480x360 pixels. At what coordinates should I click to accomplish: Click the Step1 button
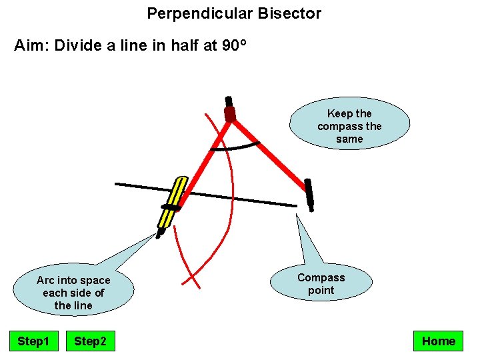pos(33,341)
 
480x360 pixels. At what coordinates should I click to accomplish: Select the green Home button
pos(438,341)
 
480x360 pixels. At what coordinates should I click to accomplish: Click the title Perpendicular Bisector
pos(234,13)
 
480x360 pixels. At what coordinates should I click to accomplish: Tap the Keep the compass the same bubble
pos(349,126)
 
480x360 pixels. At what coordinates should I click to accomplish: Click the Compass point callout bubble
pos(321,284)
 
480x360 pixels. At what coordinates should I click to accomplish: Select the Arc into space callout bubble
pos(73,293)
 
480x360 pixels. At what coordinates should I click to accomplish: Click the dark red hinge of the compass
pos(230,113)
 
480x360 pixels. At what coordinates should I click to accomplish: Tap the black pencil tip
pos(159,234)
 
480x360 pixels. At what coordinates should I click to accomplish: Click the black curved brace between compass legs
pos(235,146)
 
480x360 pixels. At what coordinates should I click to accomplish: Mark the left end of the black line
pos(117,183)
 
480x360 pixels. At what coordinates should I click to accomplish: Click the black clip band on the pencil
pos(171,208)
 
